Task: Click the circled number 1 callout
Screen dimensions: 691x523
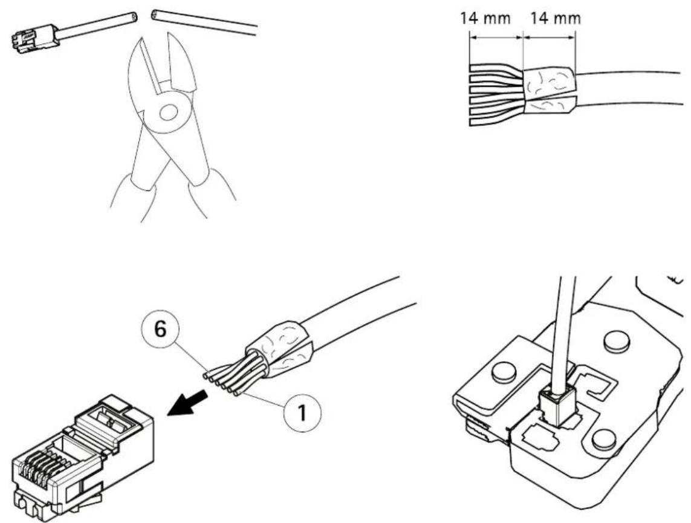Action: click(x=302, y=413)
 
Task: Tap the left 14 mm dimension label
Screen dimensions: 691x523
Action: click(x=485, y=19)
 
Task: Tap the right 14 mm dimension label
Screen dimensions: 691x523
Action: click(x=555, y=19)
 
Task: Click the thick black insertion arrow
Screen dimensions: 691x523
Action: click(x=188, y=403)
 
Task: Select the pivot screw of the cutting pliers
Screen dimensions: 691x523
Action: click(x=167, y=112)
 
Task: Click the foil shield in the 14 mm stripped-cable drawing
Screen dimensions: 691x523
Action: click(x=550, y=90)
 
